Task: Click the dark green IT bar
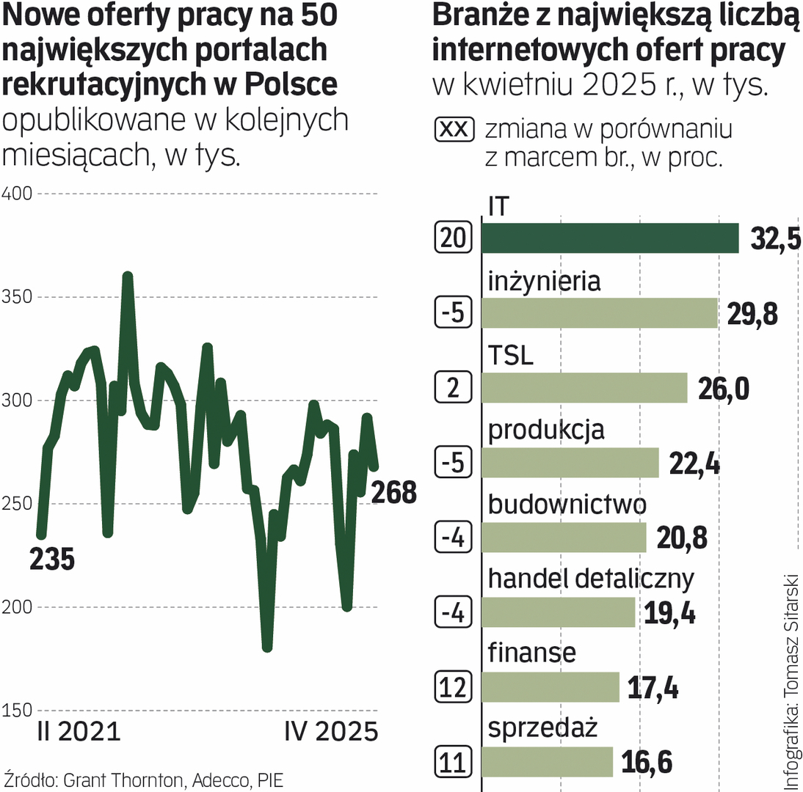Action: coord(610,238)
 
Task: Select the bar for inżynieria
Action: coord(599,313)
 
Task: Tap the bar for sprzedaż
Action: coord(547,761)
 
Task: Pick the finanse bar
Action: coord(551,687)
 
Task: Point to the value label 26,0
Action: coord(723,388)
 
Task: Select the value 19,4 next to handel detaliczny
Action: coord(669,612)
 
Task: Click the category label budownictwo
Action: coord(567,505)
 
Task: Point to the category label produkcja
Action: coord(546,430)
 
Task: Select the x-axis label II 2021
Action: coord(77,733)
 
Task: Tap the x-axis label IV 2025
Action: coord(330,733)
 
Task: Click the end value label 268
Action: coord(393,492)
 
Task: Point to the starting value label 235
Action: coord(52,560)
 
